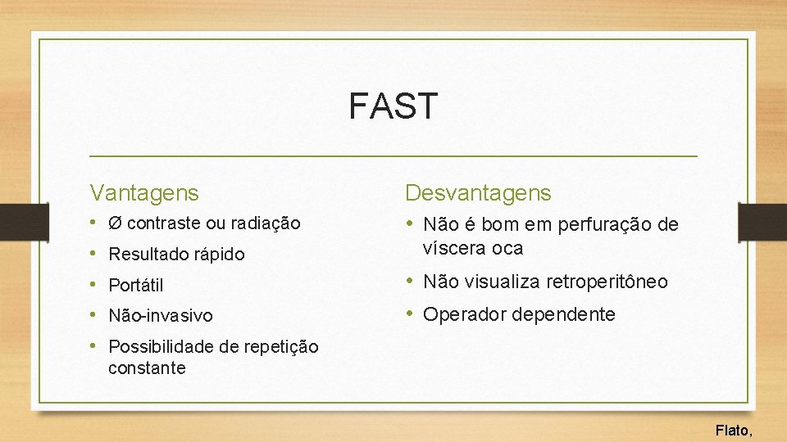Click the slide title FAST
click(393, 106)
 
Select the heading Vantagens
click(144, 193)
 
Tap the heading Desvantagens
click(479, 193)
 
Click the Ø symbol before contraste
click(116, 223)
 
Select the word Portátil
click(136, 286)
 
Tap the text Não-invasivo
click(160, 315)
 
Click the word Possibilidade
click(162, 347)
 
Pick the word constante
click(147, 368)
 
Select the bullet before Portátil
click(94, 285)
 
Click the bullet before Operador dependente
click(411, 314)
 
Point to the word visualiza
click(491, 282)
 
